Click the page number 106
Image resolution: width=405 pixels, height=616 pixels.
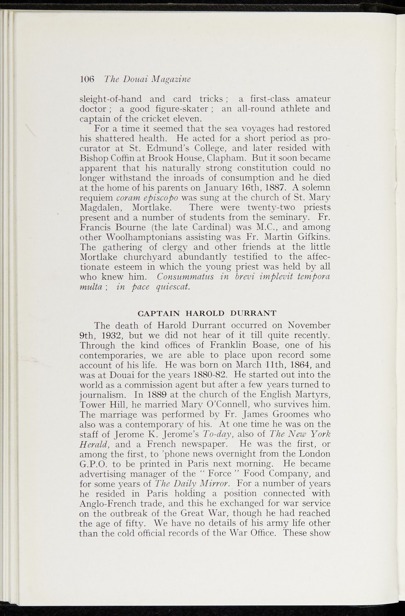point(87,79)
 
